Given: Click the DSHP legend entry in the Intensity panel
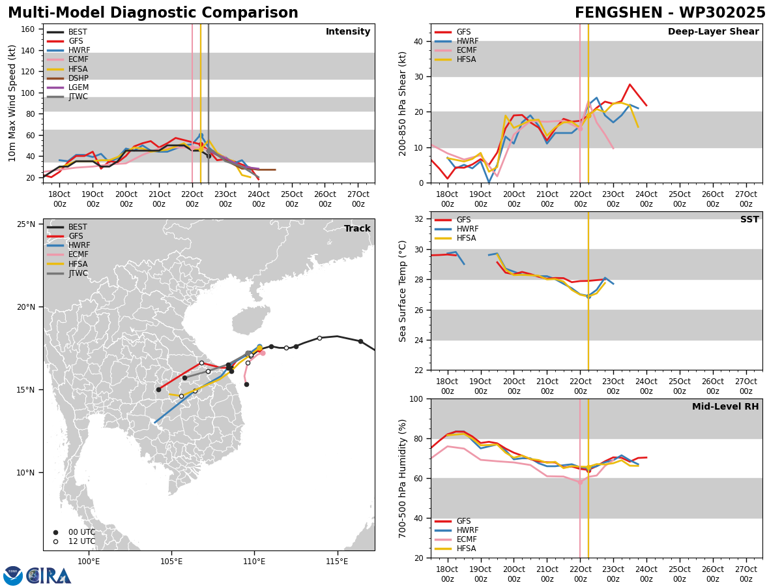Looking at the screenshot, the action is [68, 78].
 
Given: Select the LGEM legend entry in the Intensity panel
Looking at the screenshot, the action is [68, 87].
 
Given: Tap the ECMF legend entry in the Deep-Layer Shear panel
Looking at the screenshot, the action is [456, 50].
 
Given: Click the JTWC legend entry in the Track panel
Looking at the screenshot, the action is [67, 273].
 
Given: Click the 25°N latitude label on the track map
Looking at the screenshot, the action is [26, 224].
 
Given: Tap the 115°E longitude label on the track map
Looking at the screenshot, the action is [337, 562].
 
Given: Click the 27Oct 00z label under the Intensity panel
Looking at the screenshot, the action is [358, 199].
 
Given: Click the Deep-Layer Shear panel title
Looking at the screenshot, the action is [713, 31].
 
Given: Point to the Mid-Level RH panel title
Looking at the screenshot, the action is [725, 406].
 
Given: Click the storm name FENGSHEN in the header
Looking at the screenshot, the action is [618, 13].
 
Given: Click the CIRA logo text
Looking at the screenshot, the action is [48, 576].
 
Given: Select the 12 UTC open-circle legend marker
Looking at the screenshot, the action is [55, 542].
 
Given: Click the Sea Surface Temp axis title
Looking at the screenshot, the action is [402, 292].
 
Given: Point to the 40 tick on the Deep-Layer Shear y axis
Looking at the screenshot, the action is [419, 41].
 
